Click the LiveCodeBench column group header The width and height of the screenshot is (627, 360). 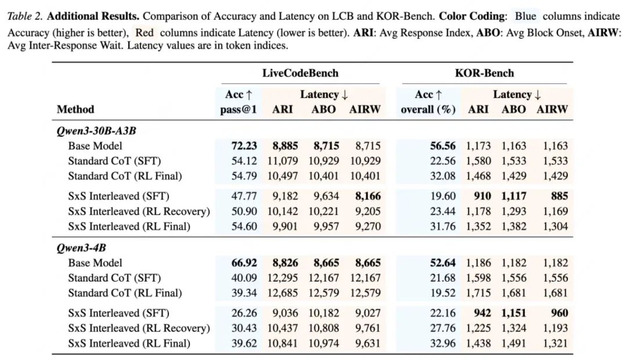pyautogui.click(x=300, y=73)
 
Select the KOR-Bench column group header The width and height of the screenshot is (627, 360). pyautogui.click(x=484, y=73)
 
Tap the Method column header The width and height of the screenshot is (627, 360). pyautogui.click(x=75, y=109)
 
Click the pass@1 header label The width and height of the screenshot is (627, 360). pyautogui.click(x=239, y=110)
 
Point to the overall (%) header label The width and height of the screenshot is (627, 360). pyautogui.click(x=428, y=110)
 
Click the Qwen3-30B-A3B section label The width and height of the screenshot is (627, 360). pyautogui.click(x=96, y=131)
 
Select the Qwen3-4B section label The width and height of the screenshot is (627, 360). pyautogui.click(x=81, y=248)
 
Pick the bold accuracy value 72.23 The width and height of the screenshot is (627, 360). pyautogui.click(x=244, y=146)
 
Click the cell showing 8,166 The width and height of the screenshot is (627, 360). pyautogui.click(x=367, y=196)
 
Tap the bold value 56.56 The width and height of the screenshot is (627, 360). pyautogui.click(x=442, y=146)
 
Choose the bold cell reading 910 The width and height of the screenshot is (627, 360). pyautogui.click(x=482, y=196)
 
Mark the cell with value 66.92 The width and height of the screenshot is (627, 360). pyautogui.click(x=244, y=263)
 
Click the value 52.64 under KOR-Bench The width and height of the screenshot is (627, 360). pyautogui.click(x=442, y=263)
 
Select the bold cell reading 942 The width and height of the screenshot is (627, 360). pyautogui.click(x=482, y=313)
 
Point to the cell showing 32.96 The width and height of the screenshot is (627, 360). pyautogui.click(x=442, y=343)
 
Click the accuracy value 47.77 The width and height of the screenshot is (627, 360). pyautogui.click(x=244, y=196)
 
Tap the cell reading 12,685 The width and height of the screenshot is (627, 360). pyautogui.click(x=283, y=293)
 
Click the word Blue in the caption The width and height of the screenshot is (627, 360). pyautogui.click(x=525, y=16)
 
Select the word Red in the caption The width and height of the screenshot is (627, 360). pyautogui.click(x=145, y=33)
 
